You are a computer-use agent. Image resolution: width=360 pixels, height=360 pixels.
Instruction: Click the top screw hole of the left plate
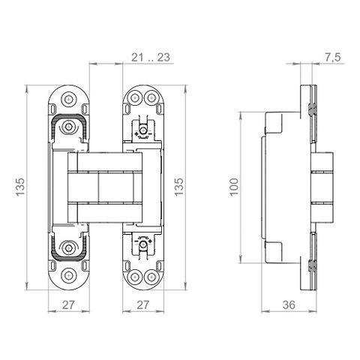[68, 98]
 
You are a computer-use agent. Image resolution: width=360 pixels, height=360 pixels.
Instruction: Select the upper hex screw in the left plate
[69, 126]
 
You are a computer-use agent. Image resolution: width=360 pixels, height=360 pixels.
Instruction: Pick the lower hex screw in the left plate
[69, 248]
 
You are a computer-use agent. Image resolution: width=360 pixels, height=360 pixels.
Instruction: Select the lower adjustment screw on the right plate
[142, 245]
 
